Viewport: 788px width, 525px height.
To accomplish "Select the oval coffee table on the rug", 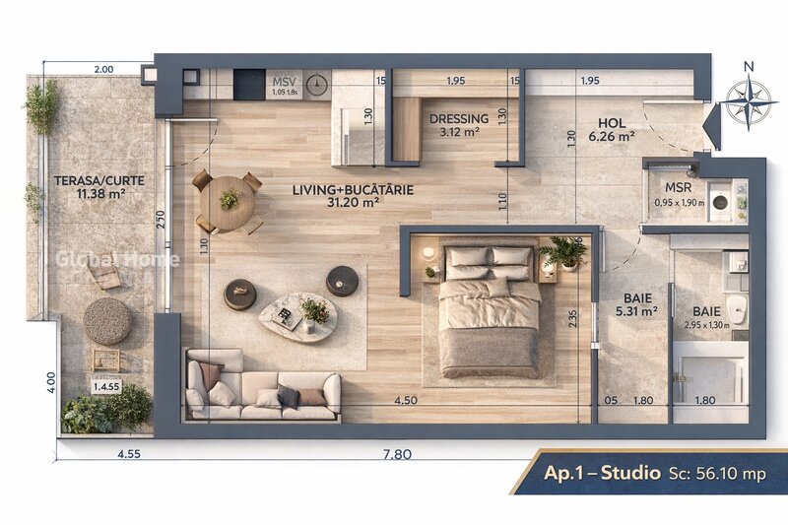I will pyautogui.click(x=297, y=316).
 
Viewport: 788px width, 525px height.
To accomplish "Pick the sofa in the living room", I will pyautogui.click(x=262, y=387).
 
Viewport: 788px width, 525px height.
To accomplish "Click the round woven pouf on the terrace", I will pyautogui.click(x=106, y=320).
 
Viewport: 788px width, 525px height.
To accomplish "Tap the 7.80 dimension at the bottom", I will pyautogui.click(x=396, y=454).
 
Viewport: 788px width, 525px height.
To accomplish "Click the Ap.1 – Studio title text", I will pyautogui.click(x=602, y=473).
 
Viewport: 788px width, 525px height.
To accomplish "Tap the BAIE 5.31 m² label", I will pyautogui.click(x=638, y=304).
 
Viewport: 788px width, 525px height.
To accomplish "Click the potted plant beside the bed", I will pyautogui.click(x=565, y=252).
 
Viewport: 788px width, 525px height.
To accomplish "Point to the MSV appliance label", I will pyautogui.click(x=285, y=82).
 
